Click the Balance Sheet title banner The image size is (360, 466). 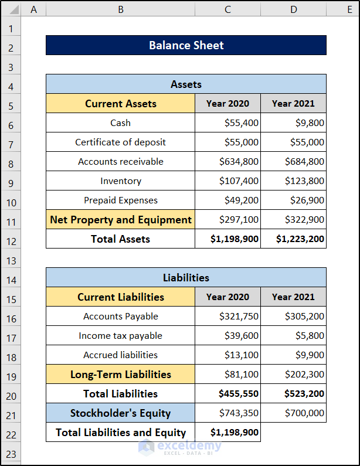(x=186, y=45)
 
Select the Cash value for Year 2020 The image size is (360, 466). (x=227, y=123)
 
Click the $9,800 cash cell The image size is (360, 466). (x=293, y=123)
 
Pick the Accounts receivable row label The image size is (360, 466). (x=120, y=161)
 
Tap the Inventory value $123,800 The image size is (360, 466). (x=293, y=181)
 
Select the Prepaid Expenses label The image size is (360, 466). (x=120, y=200)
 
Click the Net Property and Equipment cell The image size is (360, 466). (x=120, y=219)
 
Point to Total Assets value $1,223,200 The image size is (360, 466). (x=293, y=239)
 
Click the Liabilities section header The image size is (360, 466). (x=186, y=277)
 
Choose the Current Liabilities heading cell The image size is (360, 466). (x=120, y=297)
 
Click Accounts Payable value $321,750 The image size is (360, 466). (x=227, y=316)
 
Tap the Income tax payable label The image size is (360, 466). (x=120, y=335)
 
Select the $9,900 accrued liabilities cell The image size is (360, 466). (x=293, y=355)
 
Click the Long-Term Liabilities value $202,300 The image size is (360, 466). (x=293, y=374)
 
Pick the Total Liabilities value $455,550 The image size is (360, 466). (x=227, y=393)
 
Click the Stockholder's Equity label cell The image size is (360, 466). (x=120, y=413)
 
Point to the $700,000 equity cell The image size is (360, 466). (x=293, y=413)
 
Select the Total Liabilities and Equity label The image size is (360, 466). (x=120, y=432)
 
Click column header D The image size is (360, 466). (x=293, y=9)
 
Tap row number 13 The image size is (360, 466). (x=11, y=261)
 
